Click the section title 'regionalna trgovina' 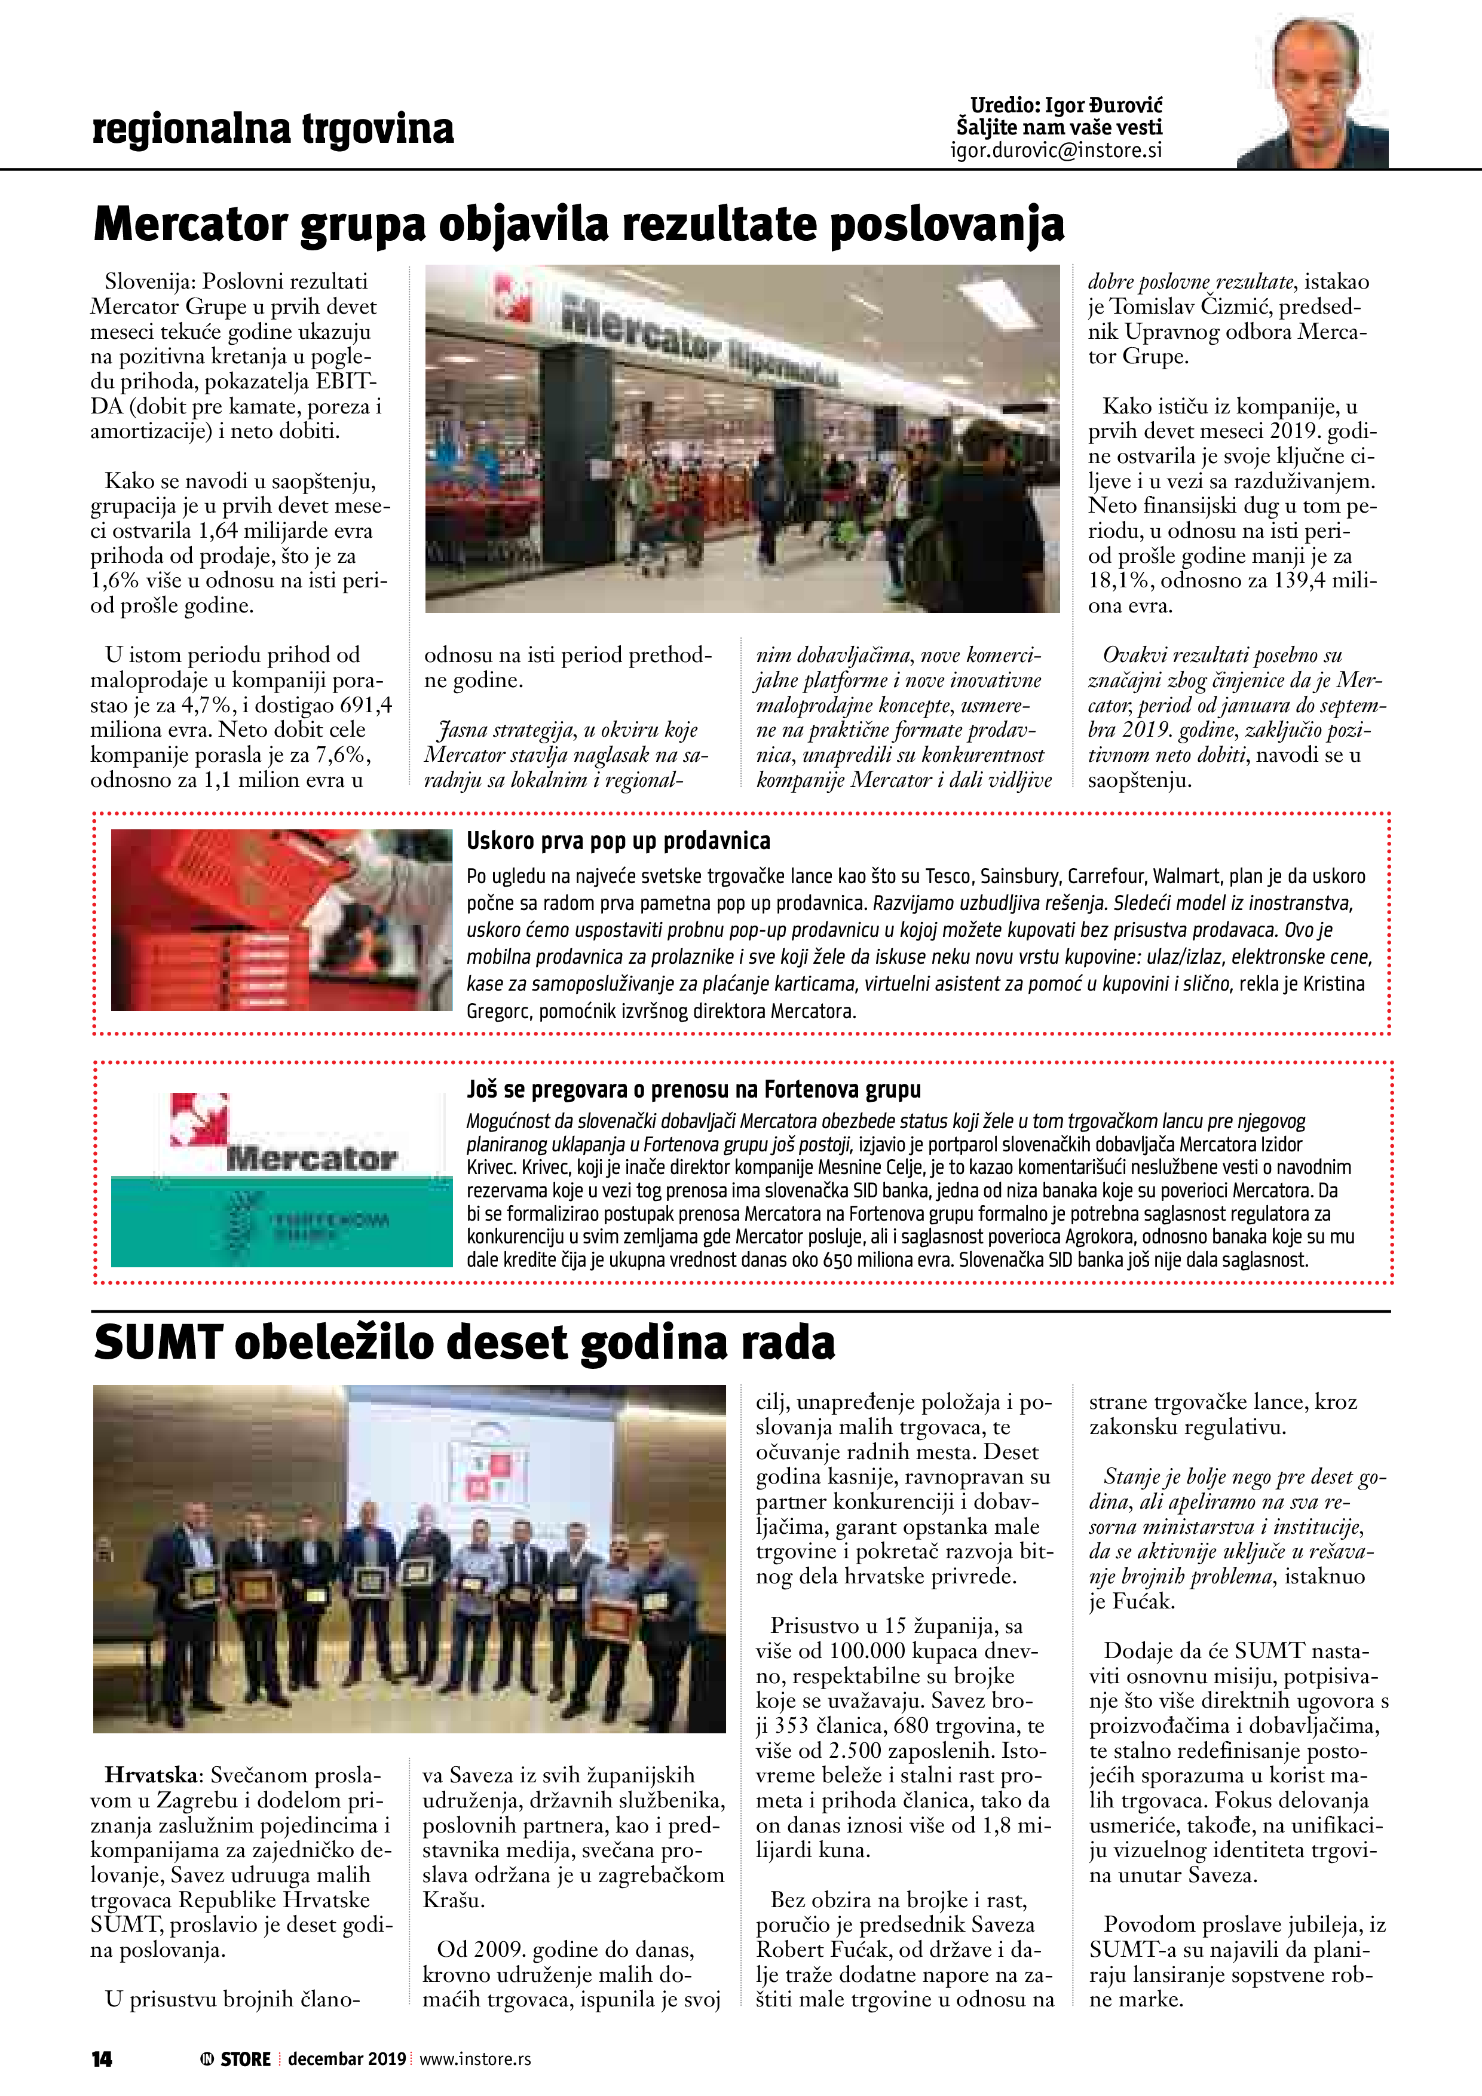pos(272,128)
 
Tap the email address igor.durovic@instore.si pos(1057,151)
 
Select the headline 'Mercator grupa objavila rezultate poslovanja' pos(579,225)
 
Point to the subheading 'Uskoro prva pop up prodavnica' pos(618,841)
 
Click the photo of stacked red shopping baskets pos(281,920)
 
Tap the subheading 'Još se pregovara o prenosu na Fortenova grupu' pos(693,1089)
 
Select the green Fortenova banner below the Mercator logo pos(281,1221)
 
